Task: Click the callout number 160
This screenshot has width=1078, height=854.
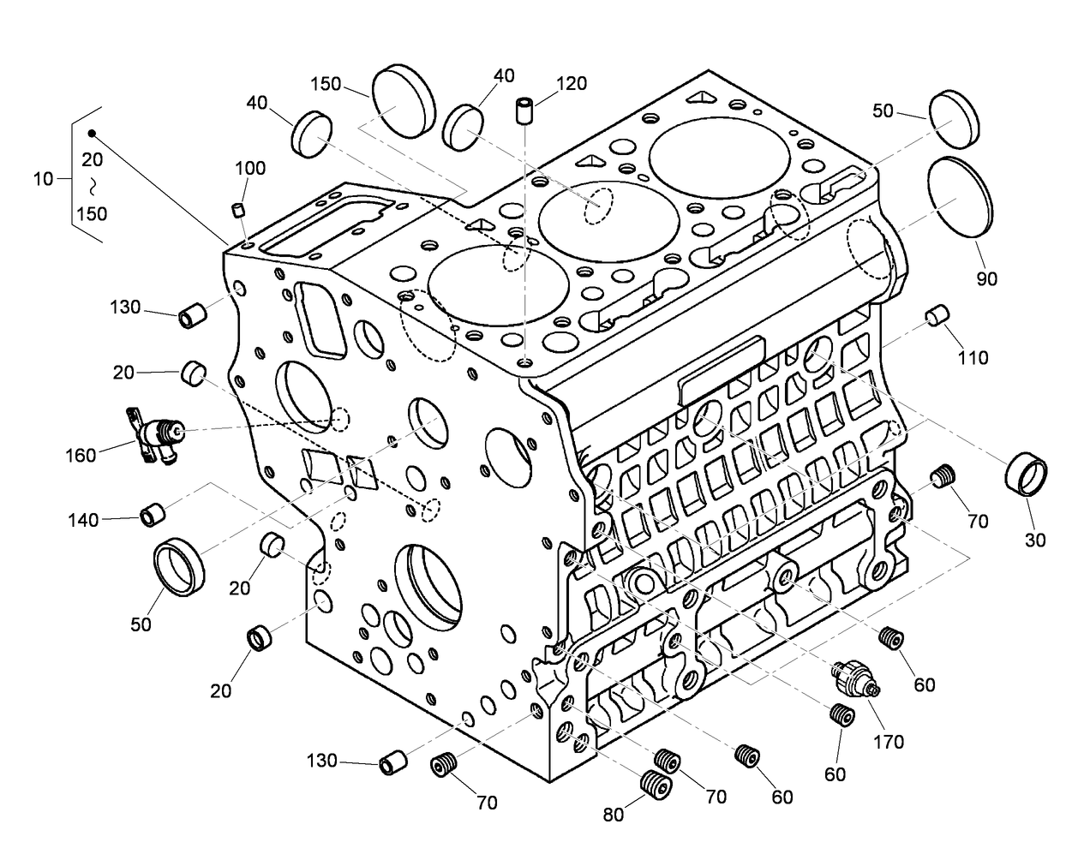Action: point(81,456)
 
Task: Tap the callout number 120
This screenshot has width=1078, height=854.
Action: point(572,83)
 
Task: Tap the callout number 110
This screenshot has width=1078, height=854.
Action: point(973,357)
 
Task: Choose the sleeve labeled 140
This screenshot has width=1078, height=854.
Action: point(153,514)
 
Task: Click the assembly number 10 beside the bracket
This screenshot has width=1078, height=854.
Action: point(44,179)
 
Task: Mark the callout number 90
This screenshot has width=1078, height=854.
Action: point(987,278)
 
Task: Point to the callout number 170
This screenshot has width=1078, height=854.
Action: point(888,742)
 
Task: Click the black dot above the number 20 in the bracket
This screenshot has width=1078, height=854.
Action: point(92,134)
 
